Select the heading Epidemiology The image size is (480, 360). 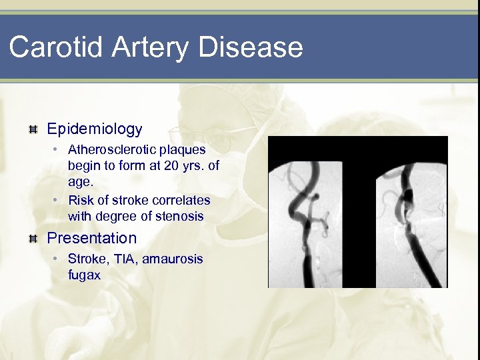pos(95,129)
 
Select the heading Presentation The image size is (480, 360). pos(91,238)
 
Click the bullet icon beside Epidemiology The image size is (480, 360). pos(33,129)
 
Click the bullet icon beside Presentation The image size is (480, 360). pos(33,239)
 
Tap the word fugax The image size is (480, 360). pos(84,274)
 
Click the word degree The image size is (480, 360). pos(113,216)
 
